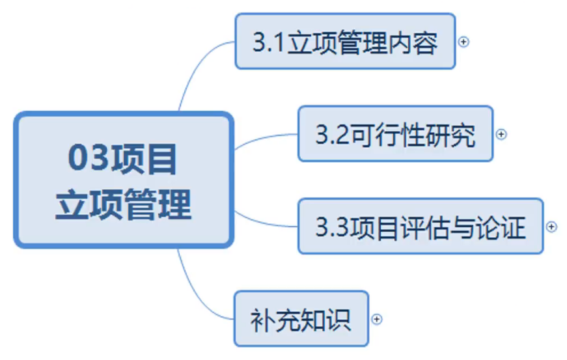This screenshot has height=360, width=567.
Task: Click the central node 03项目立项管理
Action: [x=123, y=180]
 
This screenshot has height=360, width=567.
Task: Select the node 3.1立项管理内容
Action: [x=345, y=41]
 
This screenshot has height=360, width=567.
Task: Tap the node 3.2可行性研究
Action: [x=395, y=133]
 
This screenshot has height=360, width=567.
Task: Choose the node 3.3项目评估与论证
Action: [x=420, y=226]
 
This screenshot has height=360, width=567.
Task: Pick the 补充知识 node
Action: [x=301, y=318]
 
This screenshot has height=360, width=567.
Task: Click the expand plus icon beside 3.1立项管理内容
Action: [x=463, y=42]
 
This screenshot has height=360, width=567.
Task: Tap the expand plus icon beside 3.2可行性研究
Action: [x=501, y=134]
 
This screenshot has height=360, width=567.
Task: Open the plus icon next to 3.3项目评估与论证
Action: [x=551, y=227]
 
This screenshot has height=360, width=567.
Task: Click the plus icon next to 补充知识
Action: [x=377, y=319]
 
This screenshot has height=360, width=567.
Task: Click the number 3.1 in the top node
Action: [x=268, y=42]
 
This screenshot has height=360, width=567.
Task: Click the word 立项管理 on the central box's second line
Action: [x=123, y=204]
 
